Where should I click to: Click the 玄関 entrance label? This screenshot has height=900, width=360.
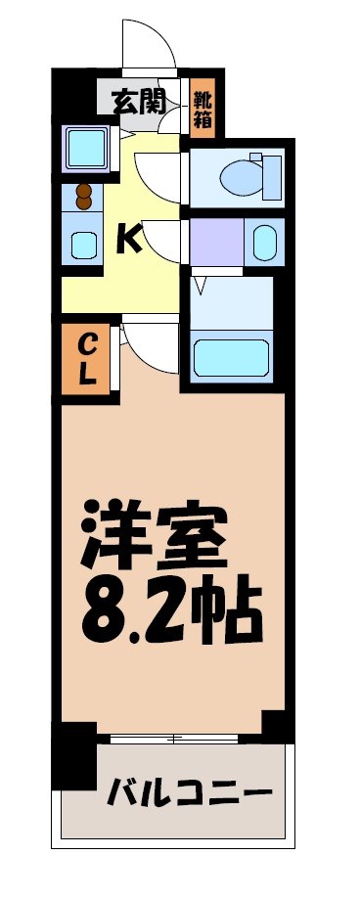click(x=137, y=100)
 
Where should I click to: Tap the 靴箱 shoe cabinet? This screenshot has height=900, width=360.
click(x=203, y=107)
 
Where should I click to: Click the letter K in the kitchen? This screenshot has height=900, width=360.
click(x=128, y=238)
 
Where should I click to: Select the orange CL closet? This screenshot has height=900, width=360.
click(x=87, y=359)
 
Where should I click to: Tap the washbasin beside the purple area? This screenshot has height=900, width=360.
click(x=264, y=242)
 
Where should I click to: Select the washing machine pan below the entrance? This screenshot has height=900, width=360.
click(x=86, y=150)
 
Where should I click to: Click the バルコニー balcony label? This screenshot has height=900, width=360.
click(x=188, y=788)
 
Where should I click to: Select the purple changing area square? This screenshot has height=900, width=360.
click(x=217, y=241)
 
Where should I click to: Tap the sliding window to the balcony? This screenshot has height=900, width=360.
click(x=176, y=736)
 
